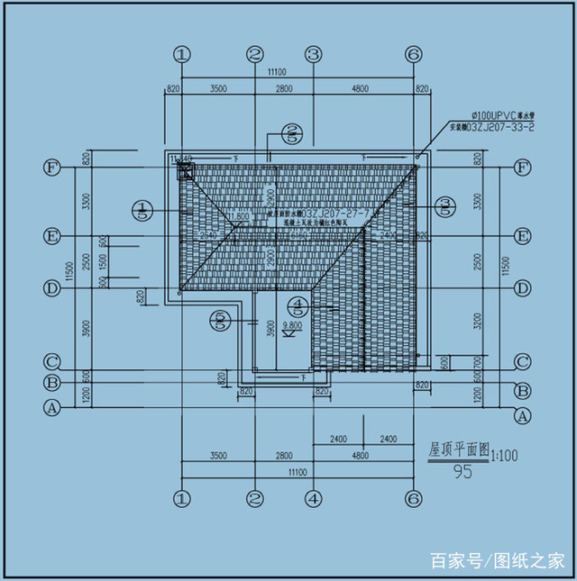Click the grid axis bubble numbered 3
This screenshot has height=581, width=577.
coord(313,54)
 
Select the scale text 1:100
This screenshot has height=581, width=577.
coord(506,456)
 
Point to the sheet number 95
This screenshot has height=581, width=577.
coord(463,469)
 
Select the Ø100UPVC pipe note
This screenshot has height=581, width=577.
coord(503,116)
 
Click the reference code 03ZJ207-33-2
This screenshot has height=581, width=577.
coord(492,128)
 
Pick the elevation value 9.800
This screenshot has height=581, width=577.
coord(292,324)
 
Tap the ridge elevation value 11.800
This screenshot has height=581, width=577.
coord(238,216)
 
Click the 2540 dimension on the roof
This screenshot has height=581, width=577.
coord(209,234)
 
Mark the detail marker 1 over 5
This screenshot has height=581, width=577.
coord(143,211)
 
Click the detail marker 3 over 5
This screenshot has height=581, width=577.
coord(444,207)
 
